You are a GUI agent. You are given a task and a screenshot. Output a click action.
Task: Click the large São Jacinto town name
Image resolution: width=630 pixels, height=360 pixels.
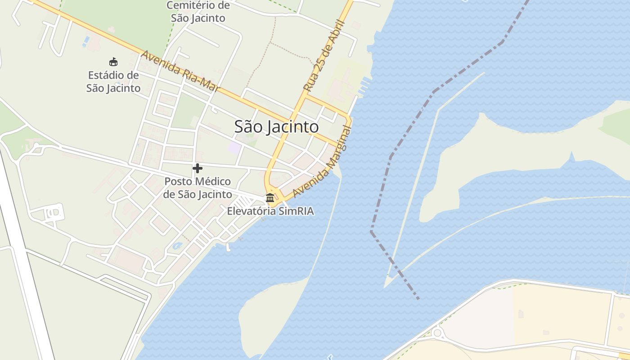pos(276,126)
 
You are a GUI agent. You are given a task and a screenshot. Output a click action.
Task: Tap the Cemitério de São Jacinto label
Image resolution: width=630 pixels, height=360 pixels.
pos(198,12)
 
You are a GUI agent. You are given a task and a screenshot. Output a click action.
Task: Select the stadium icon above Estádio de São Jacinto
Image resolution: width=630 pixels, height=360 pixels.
pos(113,62)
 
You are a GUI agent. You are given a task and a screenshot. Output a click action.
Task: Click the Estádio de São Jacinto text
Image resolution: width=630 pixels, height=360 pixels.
pos(113,81)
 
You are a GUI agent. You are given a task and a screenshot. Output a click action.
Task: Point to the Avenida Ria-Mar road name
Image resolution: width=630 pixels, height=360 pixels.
pos(180,72)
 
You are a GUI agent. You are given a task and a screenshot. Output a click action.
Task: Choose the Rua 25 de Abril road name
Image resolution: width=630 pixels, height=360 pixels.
pos(324,56)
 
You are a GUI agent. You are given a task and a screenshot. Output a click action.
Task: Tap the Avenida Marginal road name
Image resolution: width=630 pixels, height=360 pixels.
pos(321,162)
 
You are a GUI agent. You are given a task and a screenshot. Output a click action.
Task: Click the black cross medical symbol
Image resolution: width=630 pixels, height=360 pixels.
pos(197,168)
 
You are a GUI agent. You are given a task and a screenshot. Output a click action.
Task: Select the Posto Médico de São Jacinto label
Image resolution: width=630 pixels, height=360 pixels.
pos(198,188)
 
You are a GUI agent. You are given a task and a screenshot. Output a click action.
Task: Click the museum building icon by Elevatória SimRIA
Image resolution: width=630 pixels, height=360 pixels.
pos(270,198)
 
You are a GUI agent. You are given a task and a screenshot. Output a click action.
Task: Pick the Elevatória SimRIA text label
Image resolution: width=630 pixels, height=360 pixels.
pos(270,211)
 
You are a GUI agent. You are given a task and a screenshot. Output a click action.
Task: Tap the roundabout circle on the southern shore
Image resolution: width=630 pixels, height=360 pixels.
pos(436,333)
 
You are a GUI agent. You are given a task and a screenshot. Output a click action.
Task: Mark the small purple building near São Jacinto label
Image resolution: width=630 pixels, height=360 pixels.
pos(234,148)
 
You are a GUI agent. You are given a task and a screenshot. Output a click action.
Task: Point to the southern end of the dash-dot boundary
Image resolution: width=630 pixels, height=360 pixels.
pos(418,298)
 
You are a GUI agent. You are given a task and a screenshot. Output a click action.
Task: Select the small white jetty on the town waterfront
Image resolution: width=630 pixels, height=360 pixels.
pos(228,247)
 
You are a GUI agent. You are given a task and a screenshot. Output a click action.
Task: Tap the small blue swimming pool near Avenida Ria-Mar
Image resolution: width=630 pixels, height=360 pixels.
pos(86,41)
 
